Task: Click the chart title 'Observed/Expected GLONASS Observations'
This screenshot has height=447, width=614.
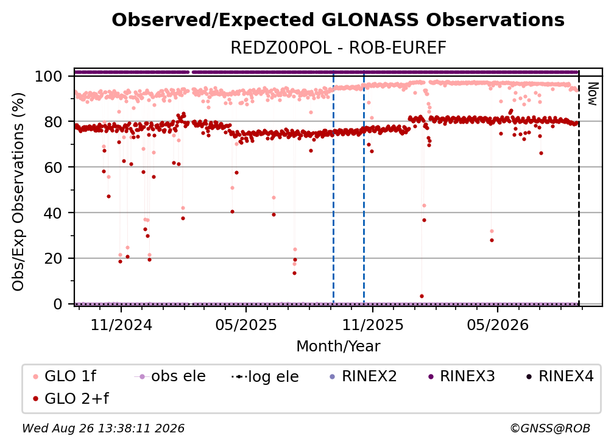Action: (x=338, y=20)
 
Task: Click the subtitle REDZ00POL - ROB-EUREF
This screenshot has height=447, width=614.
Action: (x=338, y=48)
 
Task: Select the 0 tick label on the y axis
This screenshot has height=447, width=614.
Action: (x=58, y=304)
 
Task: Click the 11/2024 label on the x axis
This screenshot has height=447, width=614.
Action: (x=121, y=325)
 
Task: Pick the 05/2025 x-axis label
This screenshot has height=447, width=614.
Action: (x=246, y=325)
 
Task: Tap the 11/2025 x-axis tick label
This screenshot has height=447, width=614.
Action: (x=373, y=325)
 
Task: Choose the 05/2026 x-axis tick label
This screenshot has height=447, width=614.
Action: (x=498, y=325)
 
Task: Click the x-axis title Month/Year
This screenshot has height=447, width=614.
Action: (x=338, y=347)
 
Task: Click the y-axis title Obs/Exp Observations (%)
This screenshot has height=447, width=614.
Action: (x=18, y=192)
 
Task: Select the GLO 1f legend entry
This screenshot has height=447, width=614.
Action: (x=65, y=376)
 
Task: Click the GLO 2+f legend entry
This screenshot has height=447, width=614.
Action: (x=71, y=399)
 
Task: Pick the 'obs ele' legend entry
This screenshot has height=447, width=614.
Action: (x=170, y=376)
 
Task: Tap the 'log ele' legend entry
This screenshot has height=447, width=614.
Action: (x=265, y=377)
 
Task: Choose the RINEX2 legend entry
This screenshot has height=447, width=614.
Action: (x=364, y=376)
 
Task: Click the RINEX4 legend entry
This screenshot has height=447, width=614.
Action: (x=560, y=376)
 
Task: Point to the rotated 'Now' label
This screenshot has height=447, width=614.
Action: (x=593, y=94)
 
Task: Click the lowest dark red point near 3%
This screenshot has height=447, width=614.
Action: (x=422, y=297)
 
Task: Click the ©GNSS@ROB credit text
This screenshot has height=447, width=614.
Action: (x=550, y=428)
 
